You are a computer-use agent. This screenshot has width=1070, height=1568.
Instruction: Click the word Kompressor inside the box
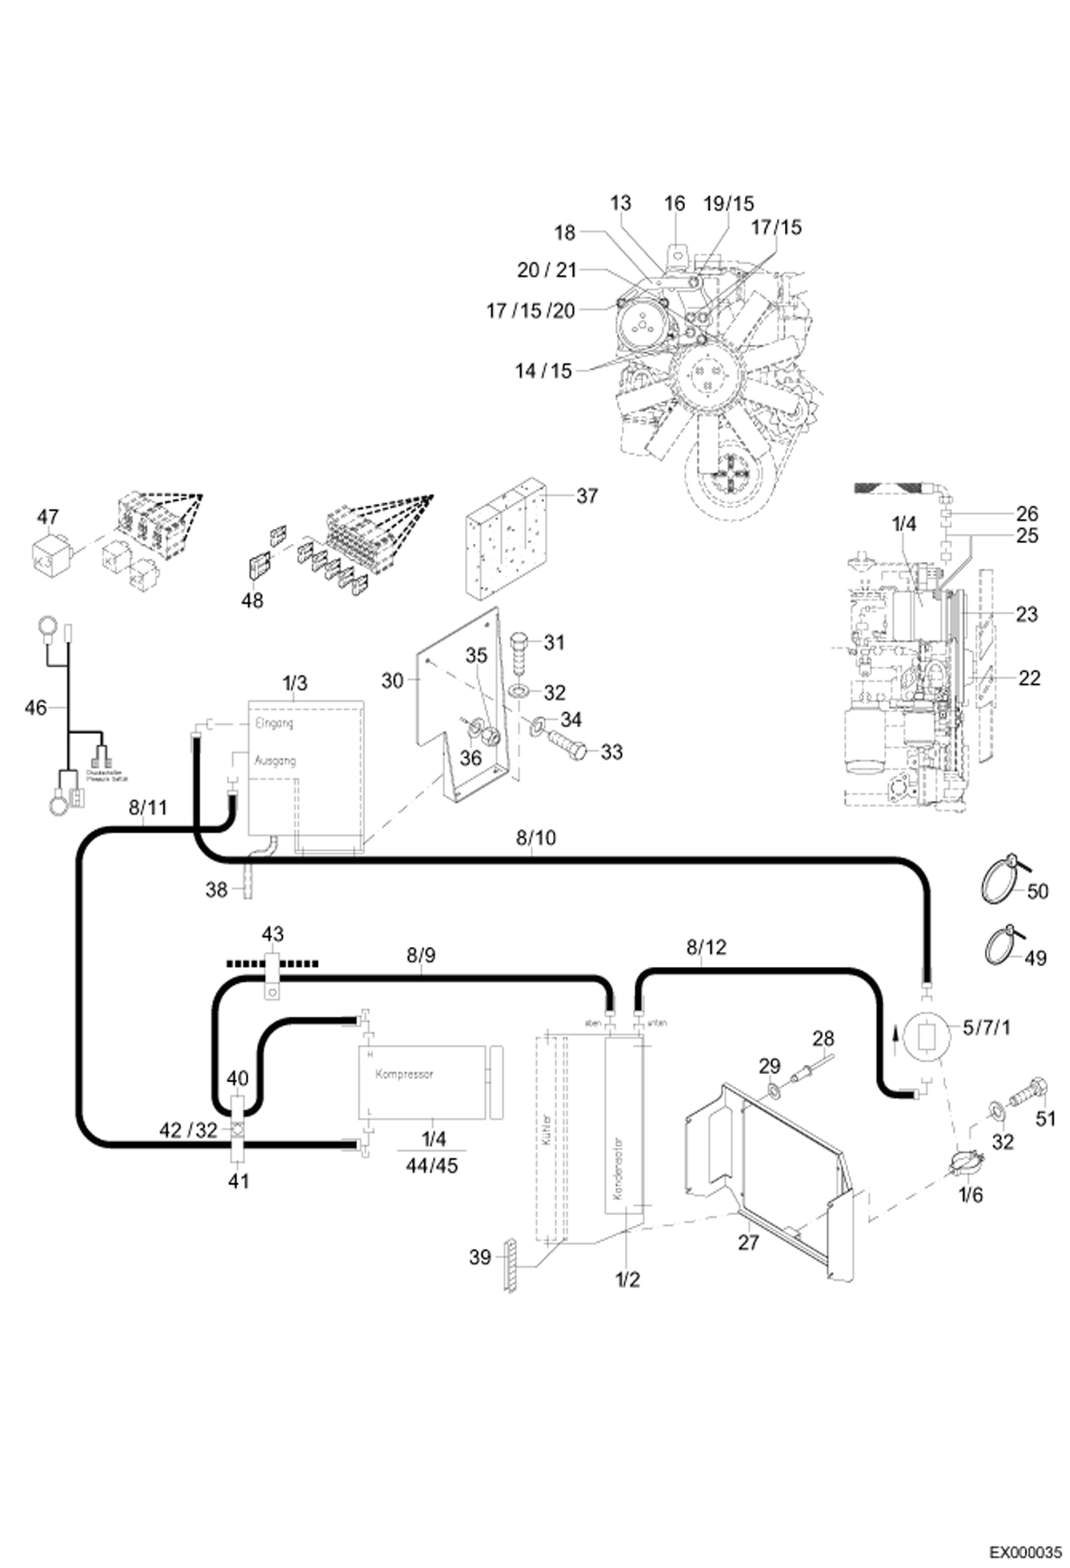point(404,1073)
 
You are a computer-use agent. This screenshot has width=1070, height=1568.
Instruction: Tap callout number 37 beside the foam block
point(586,496)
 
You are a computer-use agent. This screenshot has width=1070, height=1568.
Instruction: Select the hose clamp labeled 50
point(997,880)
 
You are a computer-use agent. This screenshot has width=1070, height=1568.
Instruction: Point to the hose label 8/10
point(536,838)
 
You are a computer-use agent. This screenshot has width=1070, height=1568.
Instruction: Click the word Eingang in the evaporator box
point(274,723)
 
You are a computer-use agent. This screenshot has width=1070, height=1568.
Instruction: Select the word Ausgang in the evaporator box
point(275,760)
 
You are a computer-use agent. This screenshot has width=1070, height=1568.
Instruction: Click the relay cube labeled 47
point(49,553)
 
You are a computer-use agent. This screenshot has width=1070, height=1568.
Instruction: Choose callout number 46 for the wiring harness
point(36,708)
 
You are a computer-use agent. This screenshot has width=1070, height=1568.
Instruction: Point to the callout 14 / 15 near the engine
point(544,371)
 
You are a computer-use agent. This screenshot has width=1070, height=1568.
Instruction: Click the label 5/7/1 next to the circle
point(986,1028)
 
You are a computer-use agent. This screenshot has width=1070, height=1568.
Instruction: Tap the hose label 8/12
point(706,948)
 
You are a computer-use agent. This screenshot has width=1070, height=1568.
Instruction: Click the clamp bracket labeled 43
point(271,972)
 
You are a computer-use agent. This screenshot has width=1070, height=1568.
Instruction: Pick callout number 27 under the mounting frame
point(747,1242)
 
